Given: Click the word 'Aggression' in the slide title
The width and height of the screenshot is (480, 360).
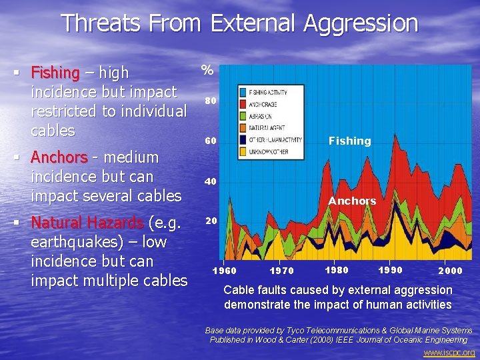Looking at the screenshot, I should (360, 23).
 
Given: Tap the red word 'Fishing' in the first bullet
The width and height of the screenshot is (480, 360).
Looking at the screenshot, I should (55, 72).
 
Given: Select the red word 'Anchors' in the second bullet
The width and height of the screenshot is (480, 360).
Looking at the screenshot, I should (59, 157).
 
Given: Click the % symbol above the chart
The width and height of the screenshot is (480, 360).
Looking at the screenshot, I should (207, 70).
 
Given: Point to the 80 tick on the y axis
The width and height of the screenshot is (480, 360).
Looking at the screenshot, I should (210, 101).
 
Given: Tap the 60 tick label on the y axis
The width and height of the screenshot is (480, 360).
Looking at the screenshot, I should (210, 141).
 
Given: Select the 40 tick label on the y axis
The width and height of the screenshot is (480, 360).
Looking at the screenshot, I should (210, 181).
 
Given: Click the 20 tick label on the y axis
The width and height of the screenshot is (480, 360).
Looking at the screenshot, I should (210, 221).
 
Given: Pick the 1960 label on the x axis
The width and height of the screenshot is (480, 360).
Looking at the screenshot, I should (223, 271).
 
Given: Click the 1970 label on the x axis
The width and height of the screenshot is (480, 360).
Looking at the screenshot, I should (282, 271).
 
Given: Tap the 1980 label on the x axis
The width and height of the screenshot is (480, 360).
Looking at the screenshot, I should (337, 270).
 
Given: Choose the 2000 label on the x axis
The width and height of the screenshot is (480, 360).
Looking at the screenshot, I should (451, 271).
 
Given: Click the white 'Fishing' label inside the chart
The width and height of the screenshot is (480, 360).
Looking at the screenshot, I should (349, 141).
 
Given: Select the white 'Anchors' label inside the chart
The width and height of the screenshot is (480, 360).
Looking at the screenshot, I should (352, 201).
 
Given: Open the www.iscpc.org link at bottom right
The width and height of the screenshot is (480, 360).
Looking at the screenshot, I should (449, 352).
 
